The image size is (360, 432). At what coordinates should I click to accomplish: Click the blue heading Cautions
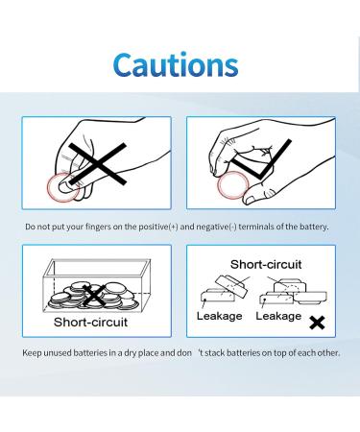[x=176, y=64]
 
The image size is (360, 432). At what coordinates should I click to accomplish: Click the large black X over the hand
[x=97, y=164]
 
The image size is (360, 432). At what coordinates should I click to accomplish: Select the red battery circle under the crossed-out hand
[x=63, y=187]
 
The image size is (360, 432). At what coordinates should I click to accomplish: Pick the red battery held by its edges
[x=233, y=185]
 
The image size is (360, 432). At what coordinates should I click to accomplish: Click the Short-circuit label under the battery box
[x=90, y=323]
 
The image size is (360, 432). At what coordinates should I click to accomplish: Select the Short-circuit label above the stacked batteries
[x=266, y=265]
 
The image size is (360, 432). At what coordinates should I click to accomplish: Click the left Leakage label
[x=219, y=316]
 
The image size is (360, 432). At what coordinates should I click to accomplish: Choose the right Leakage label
[x=278, y=316]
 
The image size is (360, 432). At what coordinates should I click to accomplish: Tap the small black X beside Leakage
[x=317, y=323]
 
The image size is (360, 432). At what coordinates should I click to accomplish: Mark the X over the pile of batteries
[x=94, y=296]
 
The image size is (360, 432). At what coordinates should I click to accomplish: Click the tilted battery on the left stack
[x=231, y=286]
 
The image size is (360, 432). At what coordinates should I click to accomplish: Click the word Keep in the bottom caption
[x=32, y=353]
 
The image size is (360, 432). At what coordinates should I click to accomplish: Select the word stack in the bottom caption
[x=215, y=353]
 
